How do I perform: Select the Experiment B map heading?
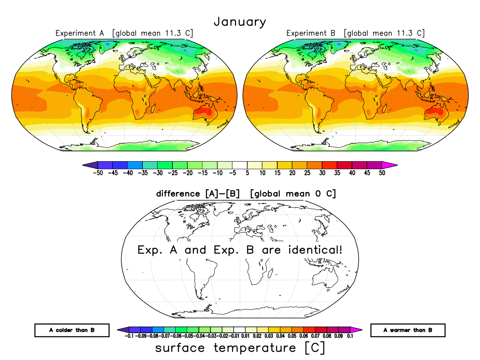tap(355, 33)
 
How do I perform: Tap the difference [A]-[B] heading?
tap(246, 194)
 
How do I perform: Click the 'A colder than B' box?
tap(72, 330)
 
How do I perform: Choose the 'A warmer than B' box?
tap(408, 330)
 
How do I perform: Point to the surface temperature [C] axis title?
tap(240, 348)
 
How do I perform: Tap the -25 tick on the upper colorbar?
tap(172, 173)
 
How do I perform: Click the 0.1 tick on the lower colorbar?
tap(350, 337)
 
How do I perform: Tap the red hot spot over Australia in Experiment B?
tap(436, 111)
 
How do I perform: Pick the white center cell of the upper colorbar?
tap(240, 164)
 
